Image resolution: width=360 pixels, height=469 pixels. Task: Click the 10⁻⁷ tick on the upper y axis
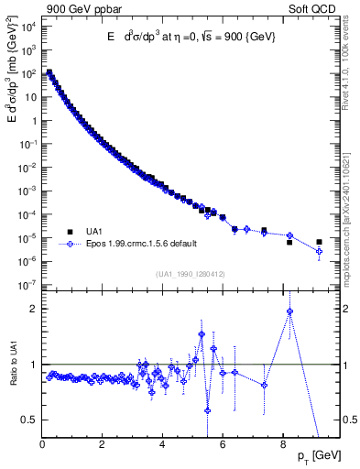(27, 286)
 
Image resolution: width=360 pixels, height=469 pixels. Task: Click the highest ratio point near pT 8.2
(289, 311)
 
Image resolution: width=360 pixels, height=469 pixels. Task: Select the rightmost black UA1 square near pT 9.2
(319, 243)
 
